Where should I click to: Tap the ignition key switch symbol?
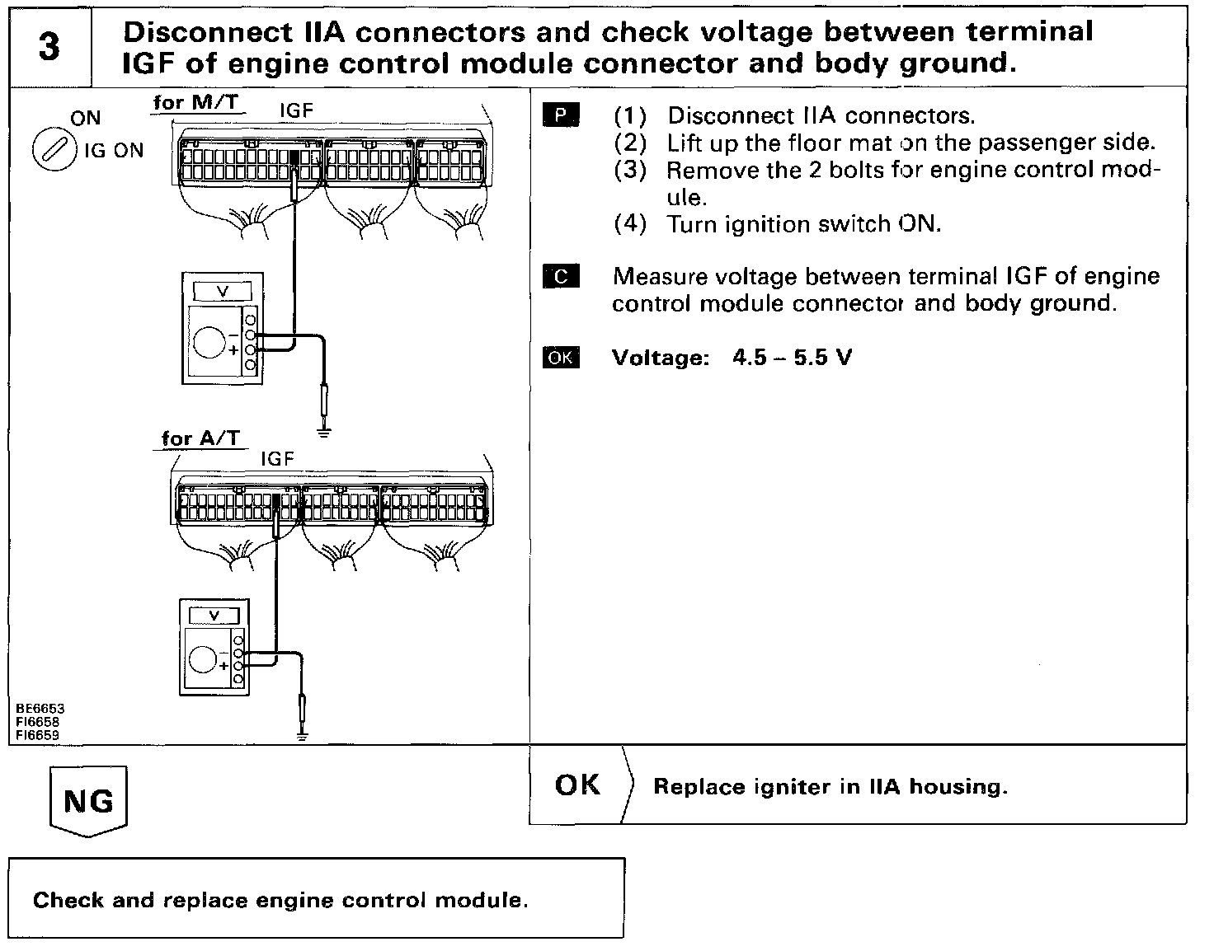pos(49,152)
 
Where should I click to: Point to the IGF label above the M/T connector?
pos(296,110)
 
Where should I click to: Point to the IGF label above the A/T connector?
pos(277,459)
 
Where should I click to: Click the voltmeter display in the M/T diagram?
pos(221,292)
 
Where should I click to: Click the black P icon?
pos(561,115)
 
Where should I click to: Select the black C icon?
pos(561,276)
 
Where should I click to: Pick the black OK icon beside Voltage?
pos(561,358)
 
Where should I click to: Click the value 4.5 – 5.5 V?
pos(792,358)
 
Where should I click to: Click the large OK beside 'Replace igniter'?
pos(577,785)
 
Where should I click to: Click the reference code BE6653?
pos(40,708)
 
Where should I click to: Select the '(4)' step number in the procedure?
pos(630,224)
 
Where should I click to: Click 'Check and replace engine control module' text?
pos(280,900)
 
